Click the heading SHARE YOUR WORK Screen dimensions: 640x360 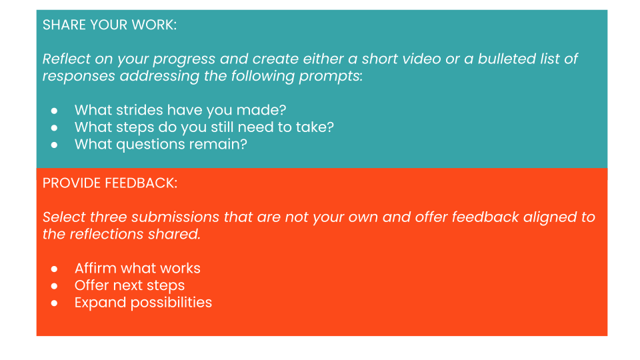109,25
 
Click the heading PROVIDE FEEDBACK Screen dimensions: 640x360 110,183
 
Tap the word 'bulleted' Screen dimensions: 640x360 507,59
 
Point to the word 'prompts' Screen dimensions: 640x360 330,76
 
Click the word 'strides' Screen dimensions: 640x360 139,110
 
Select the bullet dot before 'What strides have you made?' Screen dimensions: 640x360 54,111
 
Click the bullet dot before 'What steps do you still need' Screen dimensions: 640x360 54,128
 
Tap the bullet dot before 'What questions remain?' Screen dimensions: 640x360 54,145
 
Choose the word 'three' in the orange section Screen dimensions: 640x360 108,217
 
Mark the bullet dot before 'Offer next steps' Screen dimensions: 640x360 54,286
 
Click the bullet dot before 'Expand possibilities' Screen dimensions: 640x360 54,303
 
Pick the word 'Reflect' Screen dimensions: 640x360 67,59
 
